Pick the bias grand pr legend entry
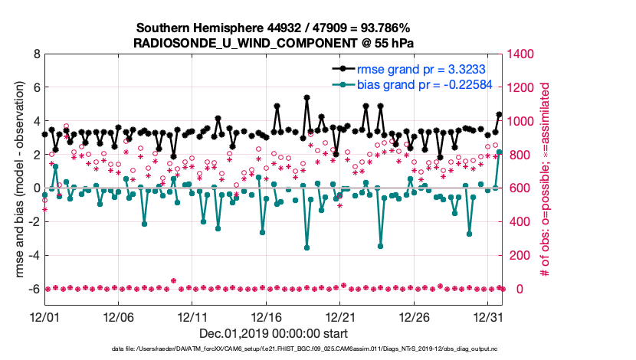point(414,84)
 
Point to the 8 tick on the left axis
point(36,54)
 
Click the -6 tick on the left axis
point(34,289)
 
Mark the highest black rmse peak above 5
point(307,98)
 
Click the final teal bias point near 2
point(500,152)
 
